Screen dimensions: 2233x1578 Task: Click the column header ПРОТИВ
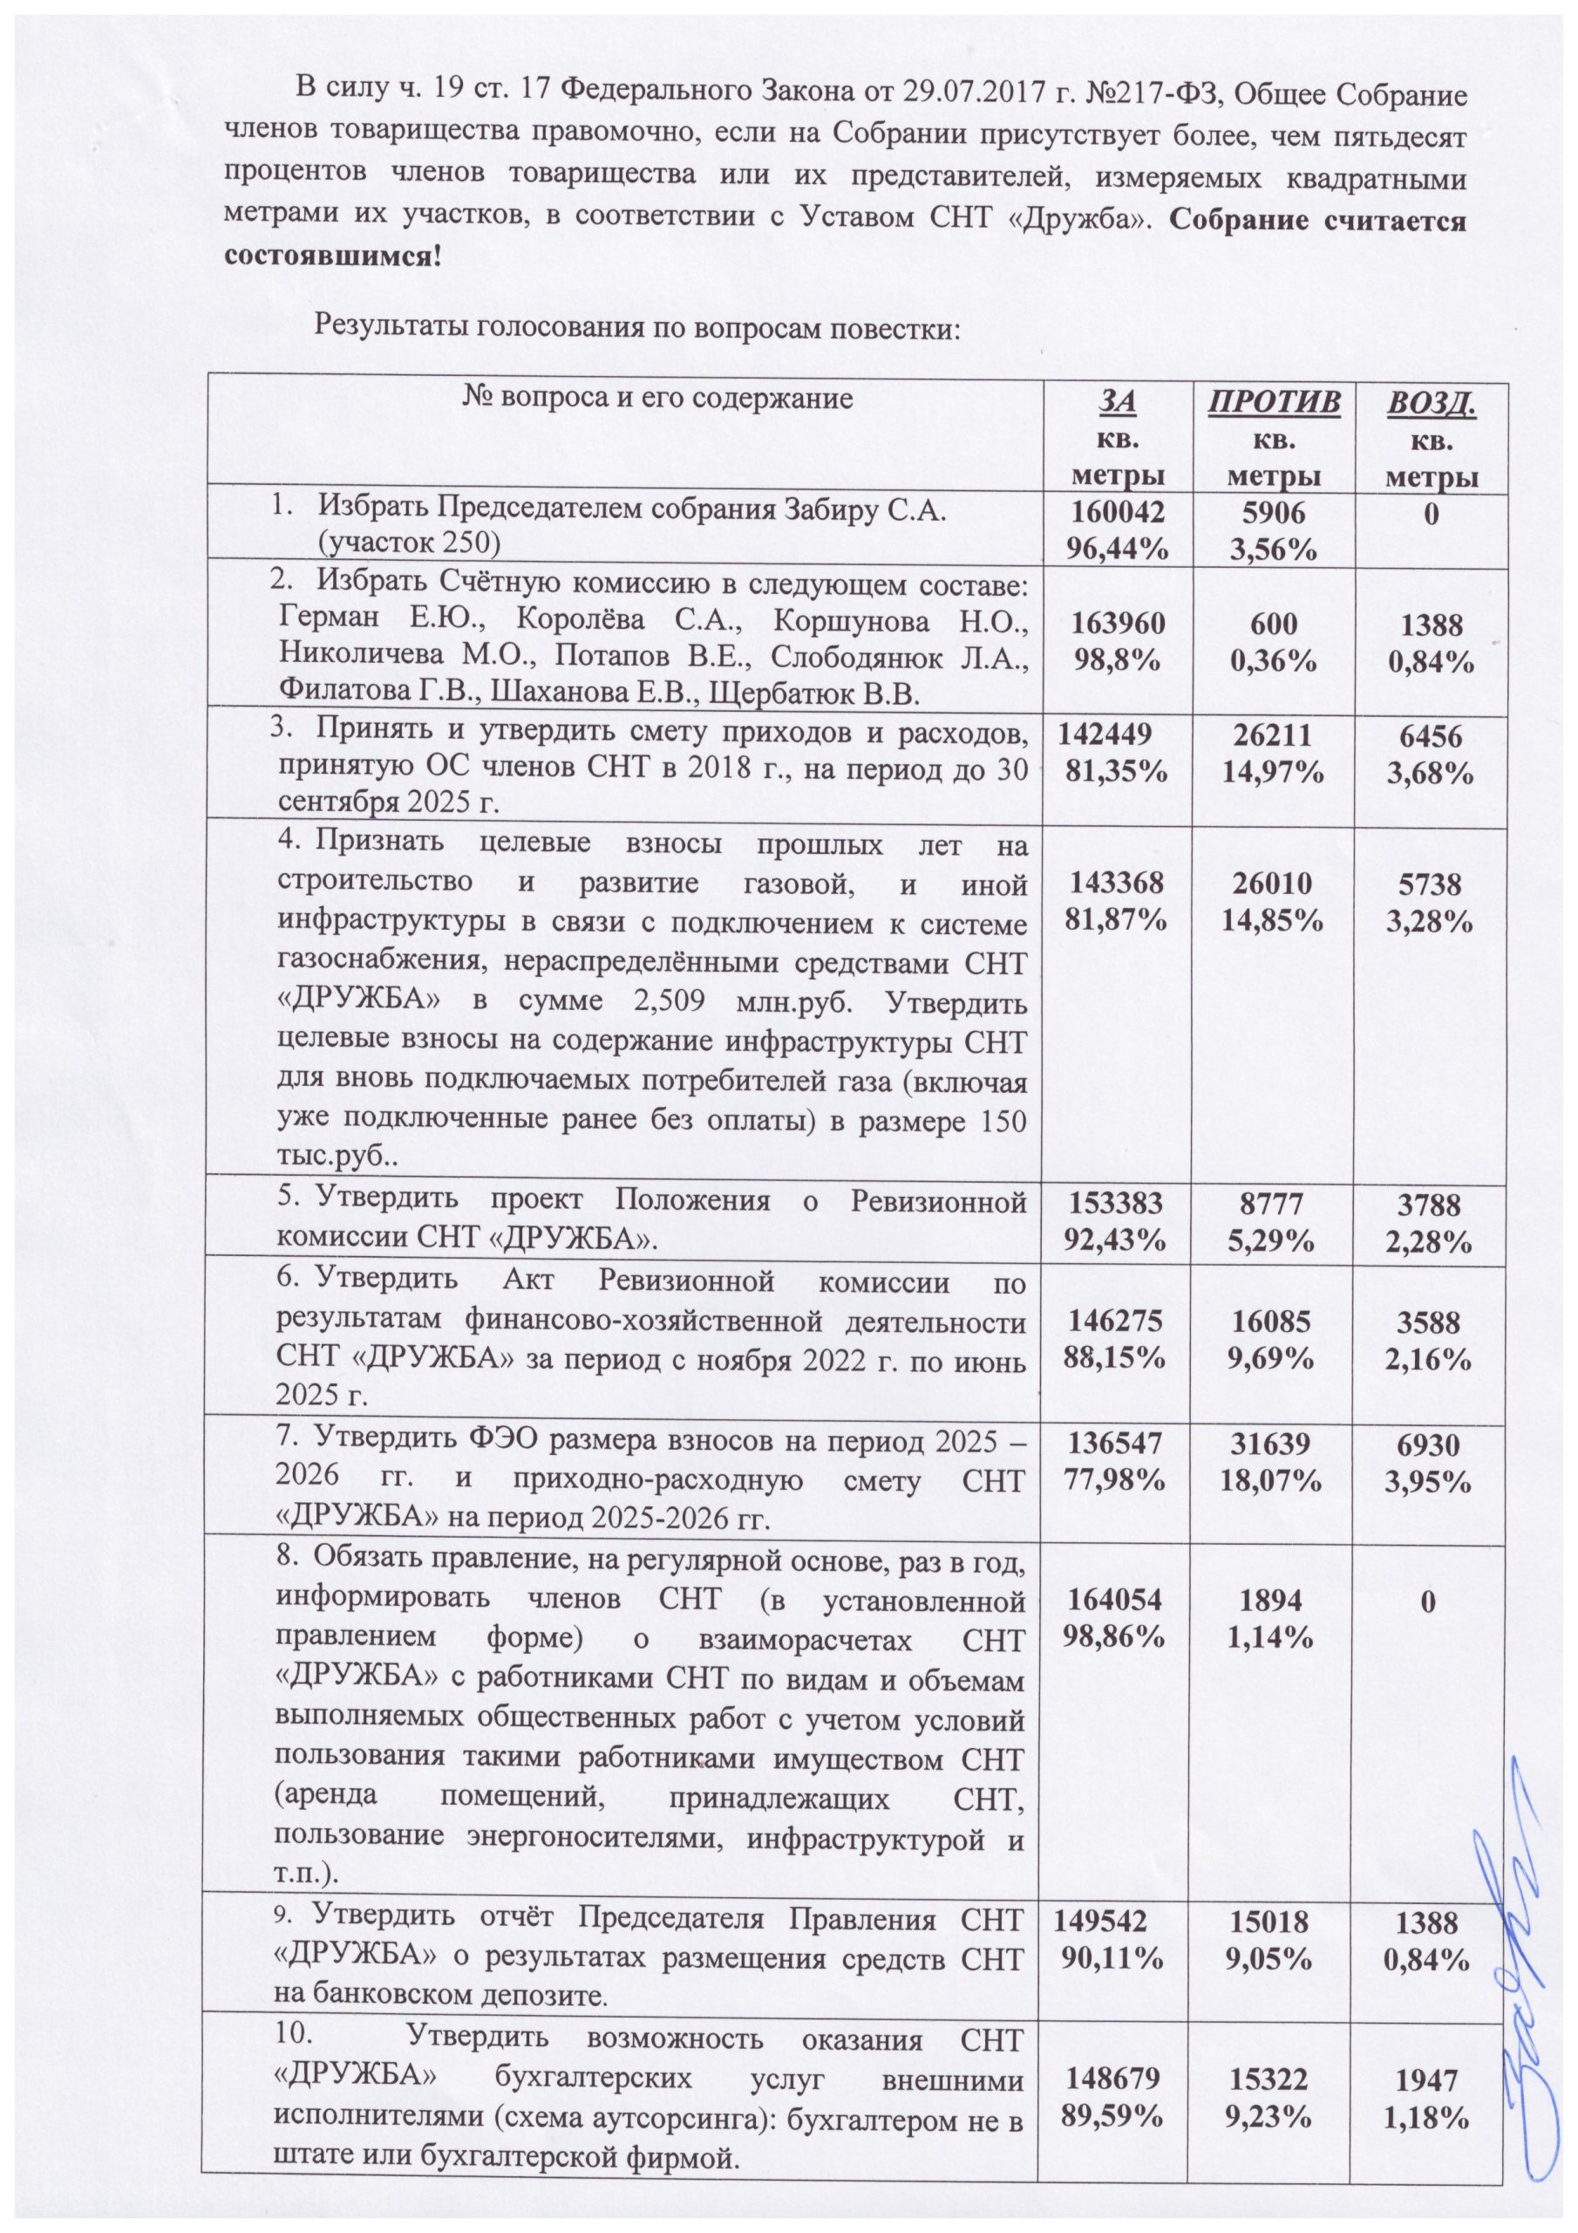pos(1274,403)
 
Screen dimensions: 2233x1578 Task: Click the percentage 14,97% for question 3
pos(1274,772)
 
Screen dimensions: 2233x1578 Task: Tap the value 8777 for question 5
pos(1274,1204)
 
